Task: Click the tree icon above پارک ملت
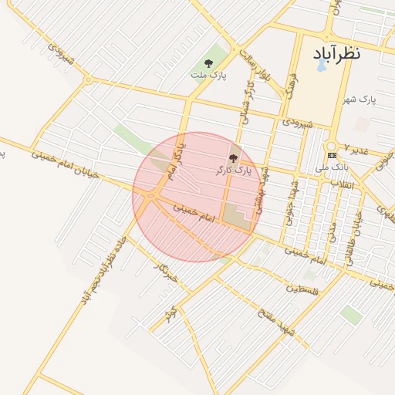point(208,63)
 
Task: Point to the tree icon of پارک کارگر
point(233,157)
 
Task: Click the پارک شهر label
point(359,100)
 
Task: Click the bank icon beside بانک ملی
point(332,155)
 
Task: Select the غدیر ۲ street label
point(358,147)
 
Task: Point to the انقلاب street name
point(340,184)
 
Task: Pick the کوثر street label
point(171,312)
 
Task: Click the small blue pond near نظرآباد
point(321,66)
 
